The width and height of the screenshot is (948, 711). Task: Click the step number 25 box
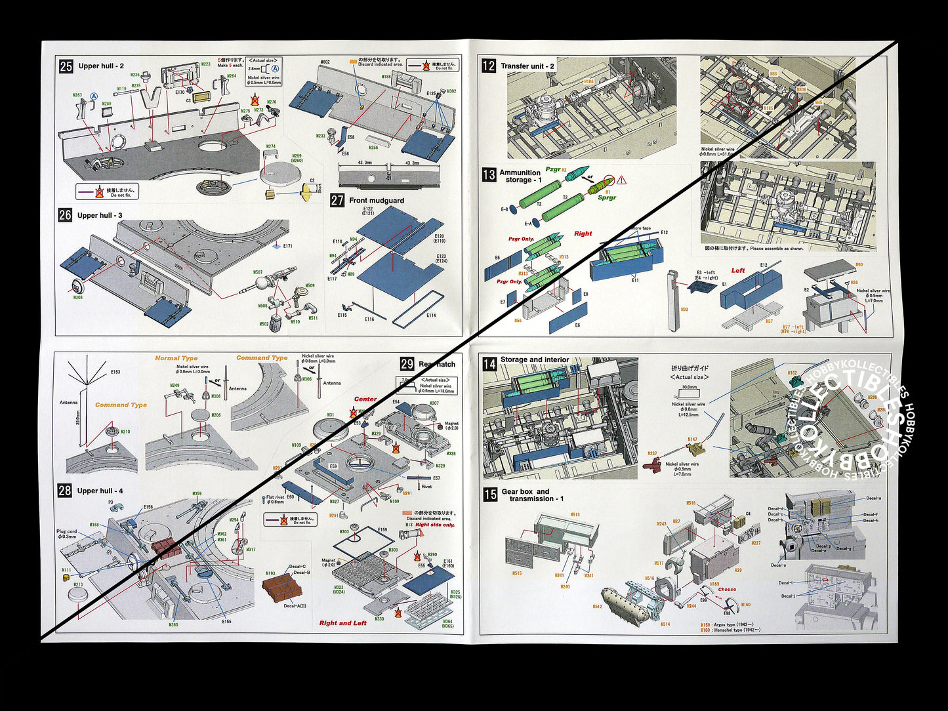[x=66, y=66]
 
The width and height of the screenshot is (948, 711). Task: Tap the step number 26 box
[x=65, y=214]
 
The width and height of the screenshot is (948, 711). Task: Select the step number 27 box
[x=337, y=200]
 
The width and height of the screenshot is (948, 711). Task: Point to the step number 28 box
[x=64, y=490]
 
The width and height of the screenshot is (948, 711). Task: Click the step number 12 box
[x=489, y=66]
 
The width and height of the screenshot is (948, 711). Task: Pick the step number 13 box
[x=489, y=175]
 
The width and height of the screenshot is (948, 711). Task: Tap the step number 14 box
[x=489, y=363]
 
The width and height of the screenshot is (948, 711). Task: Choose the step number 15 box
[x=490, y=495]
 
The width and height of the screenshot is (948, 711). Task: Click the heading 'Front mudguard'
[x=377, y=201]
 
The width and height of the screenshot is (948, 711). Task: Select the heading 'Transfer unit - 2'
[x=527, y=66]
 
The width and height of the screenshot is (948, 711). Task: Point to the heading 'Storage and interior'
[x=535, y=359]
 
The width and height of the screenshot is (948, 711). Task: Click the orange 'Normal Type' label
[x=176, y=358]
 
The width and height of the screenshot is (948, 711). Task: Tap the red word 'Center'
[x=365, y=399]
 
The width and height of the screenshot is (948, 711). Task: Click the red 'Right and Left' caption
[x=342, y=623]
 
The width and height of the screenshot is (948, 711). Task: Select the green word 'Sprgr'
[x=607, y=197]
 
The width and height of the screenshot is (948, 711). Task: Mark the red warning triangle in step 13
[x=621, y=180]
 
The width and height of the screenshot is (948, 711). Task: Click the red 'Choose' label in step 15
[x=727, y=590]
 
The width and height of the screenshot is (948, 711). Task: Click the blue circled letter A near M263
[x=94, y=96]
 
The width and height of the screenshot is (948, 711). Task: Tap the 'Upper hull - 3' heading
[x=100, y=215]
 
